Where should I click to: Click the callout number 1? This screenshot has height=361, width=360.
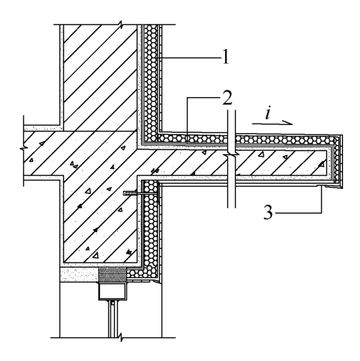point(226,56)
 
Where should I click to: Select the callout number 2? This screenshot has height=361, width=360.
point(227,98)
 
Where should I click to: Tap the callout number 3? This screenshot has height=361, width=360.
point(268,212)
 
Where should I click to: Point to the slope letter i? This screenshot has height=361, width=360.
point(268,113)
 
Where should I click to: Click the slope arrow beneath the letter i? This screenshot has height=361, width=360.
point(273,123)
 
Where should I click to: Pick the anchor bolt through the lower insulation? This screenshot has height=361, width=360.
point(141,193)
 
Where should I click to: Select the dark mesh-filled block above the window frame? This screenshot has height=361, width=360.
point(113,275)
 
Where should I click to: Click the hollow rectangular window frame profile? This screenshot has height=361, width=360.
point(113,292)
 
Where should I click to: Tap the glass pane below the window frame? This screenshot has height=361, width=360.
point(113,319)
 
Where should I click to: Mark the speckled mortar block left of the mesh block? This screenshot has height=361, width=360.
point(79,275)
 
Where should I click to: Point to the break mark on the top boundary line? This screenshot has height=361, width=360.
point(121,24)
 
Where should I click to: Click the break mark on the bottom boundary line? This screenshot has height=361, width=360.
point(121,338)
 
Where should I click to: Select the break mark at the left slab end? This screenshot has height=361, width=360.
point(24,147)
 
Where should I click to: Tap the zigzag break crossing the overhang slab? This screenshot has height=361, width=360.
point(231,155)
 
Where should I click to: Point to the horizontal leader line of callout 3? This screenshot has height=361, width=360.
point(298,213)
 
